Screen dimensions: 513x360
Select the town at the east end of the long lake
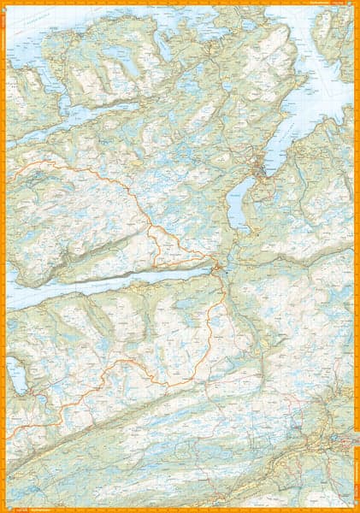[x=220, y=272]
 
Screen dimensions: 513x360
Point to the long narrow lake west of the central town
[x=120, y=282]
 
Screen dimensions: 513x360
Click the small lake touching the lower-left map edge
[x=15, y=374]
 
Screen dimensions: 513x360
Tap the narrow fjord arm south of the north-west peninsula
[x=86, y=115]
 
